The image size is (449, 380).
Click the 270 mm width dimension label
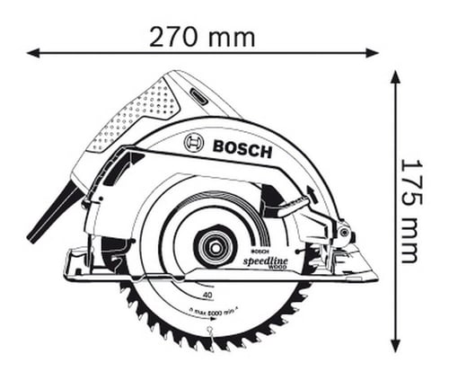pos(201,37)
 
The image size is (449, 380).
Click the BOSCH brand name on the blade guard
pos(241,148)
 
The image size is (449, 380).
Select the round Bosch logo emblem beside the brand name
pos(193,143)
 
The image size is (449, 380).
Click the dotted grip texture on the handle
pos(135,108)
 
